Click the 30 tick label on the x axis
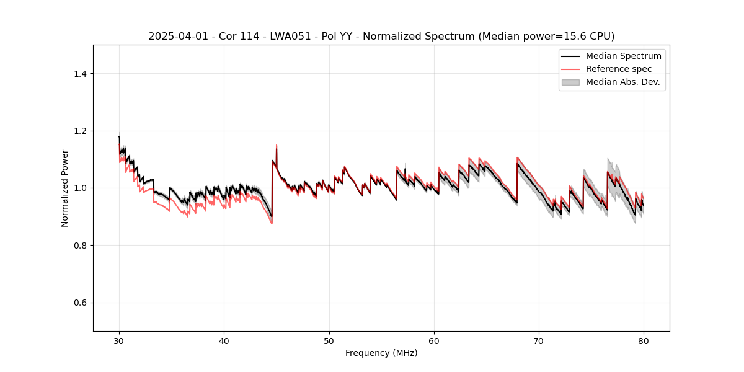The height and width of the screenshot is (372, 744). [119, 341]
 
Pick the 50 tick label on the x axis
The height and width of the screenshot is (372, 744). [329, 341]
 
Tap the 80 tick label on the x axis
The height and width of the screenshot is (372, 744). [644, 341]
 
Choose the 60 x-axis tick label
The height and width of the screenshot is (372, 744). [434, 341]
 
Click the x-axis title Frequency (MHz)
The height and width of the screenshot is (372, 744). [381, 353]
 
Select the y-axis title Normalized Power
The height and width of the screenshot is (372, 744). [65, 188]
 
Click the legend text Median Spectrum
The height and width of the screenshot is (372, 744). [623, 56]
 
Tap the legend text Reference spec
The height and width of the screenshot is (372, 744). [619, 69]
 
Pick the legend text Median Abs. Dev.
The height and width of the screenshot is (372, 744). [623, 82]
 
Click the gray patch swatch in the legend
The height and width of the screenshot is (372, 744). [570, 82]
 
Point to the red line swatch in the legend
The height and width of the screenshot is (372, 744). [570, 69]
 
